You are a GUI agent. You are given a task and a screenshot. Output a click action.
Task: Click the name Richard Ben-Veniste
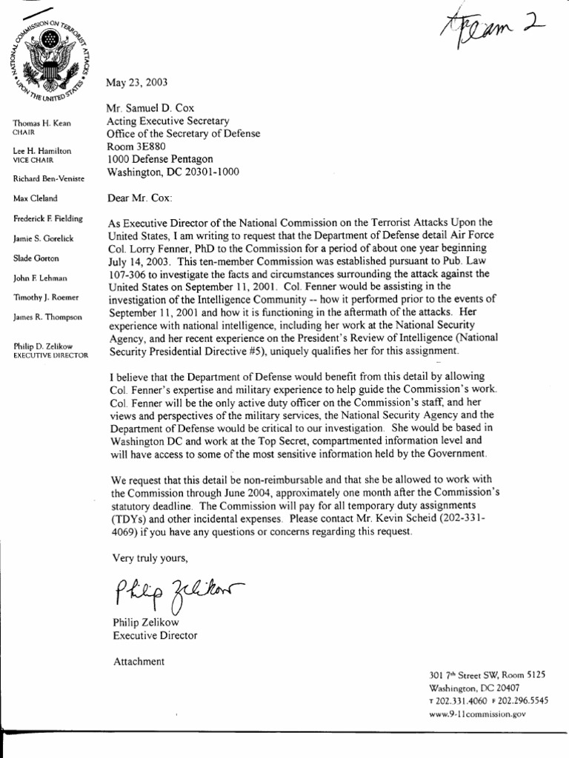point(49,179)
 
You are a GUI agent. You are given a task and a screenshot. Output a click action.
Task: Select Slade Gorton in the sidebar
point(36,258)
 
